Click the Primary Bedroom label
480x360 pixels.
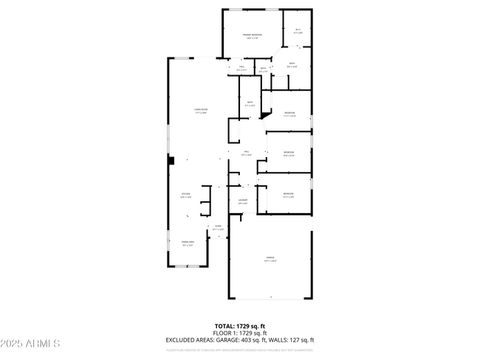click(253, 36)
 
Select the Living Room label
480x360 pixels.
click(200, 111)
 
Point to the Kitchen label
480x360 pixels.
click(186, 195)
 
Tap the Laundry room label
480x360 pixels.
click(242, 201)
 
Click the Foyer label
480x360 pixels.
click(218, 228)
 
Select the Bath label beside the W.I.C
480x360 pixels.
click(292, 65)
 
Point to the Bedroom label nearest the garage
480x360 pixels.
click(289, 195)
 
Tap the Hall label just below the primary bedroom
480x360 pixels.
click(241, 69)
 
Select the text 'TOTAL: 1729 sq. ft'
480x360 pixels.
click(240, 325)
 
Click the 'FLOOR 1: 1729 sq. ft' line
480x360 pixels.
click(240, 333)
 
